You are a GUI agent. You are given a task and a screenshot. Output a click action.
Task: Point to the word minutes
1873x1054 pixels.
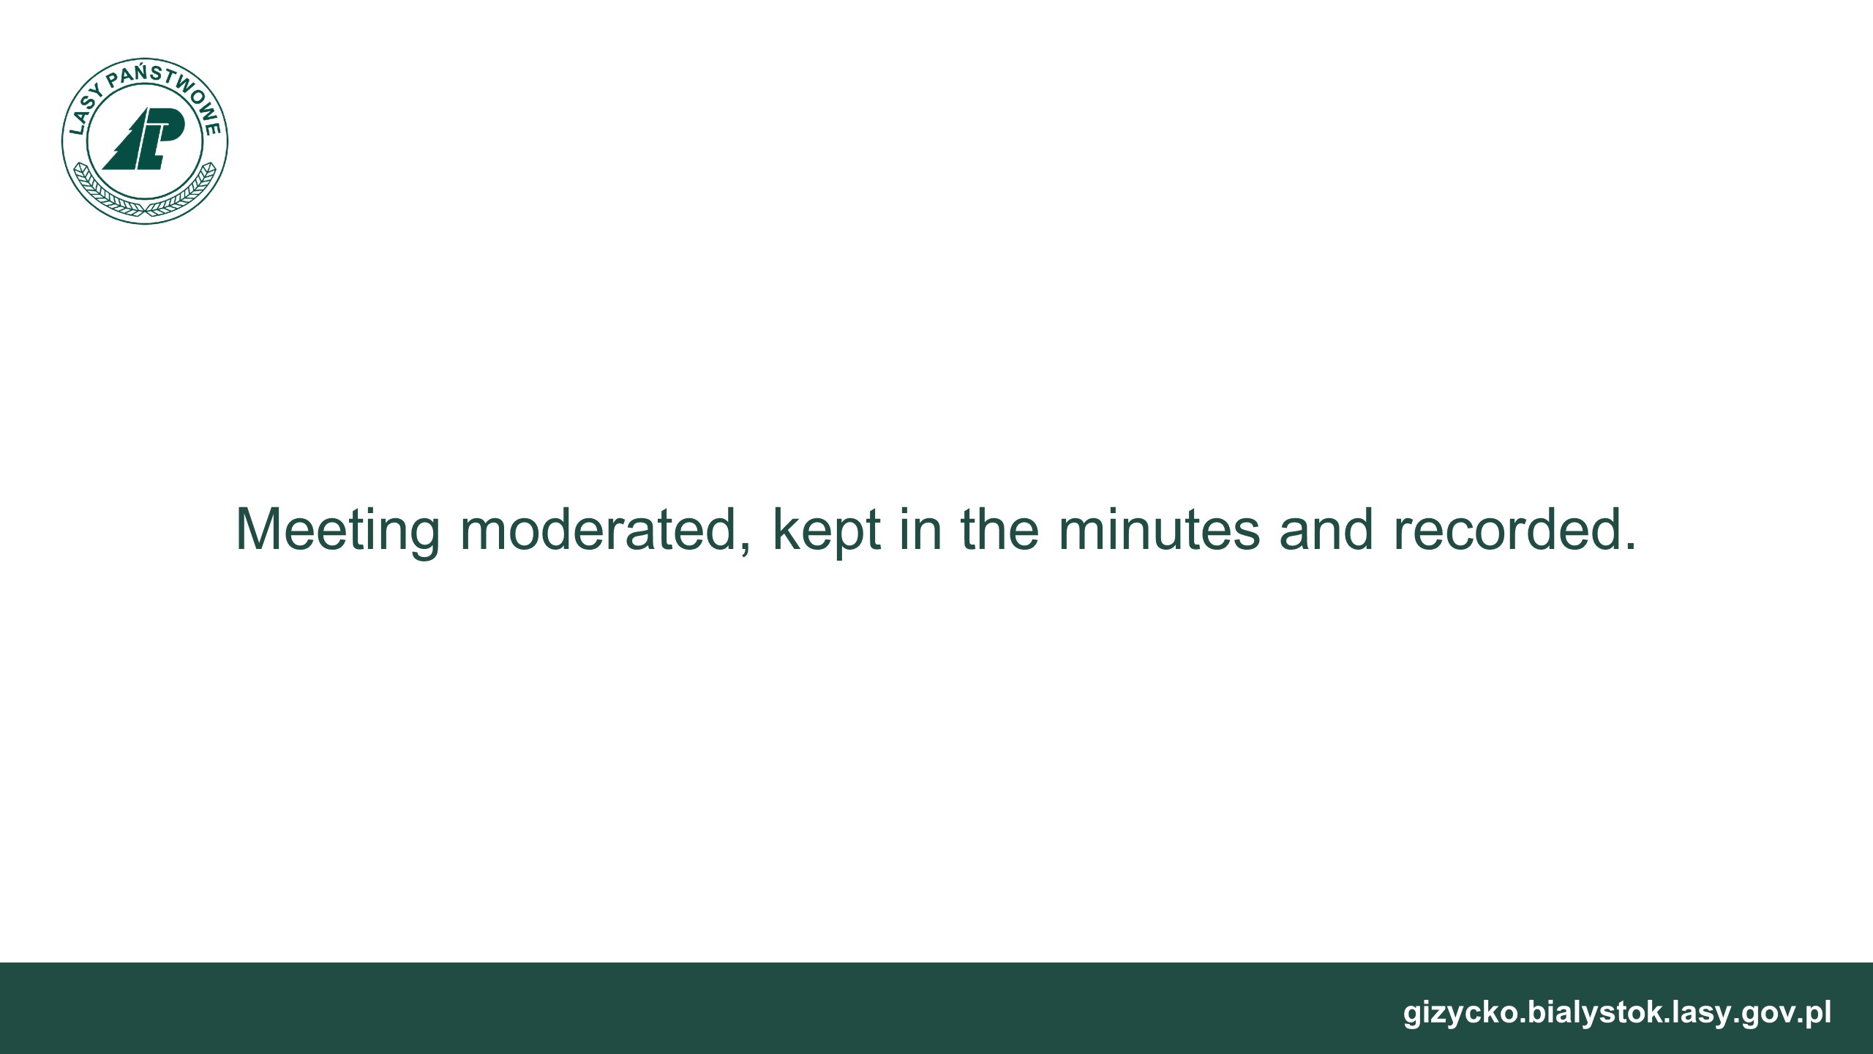tap(1159, 528)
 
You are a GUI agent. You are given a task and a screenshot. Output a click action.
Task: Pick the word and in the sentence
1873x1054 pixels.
tap(1326, 528)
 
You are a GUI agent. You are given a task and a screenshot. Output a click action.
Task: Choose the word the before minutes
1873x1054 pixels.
tap(999, 528)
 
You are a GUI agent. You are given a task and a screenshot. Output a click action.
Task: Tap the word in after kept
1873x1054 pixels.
tap(920, 528)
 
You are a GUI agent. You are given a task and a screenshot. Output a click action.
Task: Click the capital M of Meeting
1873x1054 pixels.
tap(261, 528)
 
